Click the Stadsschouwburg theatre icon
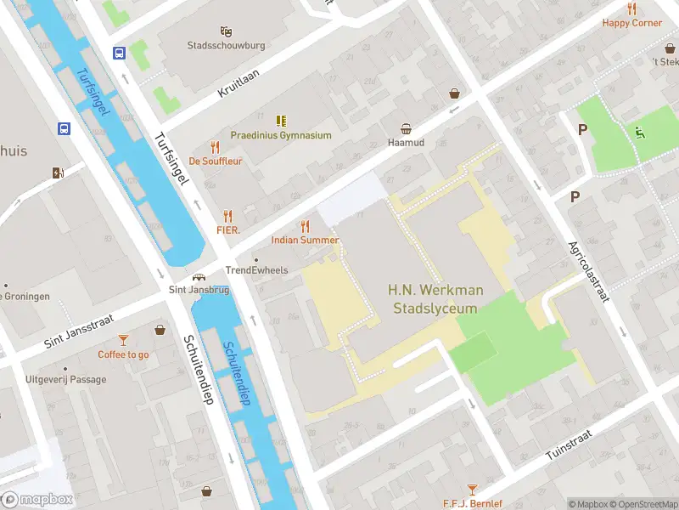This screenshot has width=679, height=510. click(x=226, y=30)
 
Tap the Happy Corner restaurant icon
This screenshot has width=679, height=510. click(x=631, y=8)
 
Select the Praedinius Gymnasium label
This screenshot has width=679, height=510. click(x=281, y=135)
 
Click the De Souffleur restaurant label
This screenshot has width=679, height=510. click(x=216, y=160)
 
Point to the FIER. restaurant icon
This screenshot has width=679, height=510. click(x=227, y=216)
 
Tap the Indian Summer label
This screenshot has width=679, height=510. click(x=305, y=240)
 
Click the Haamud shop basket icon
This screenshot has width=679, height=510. click(x=407, y=129)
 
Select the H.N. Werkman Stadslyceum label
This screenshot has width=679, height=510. click(x=435, y=299)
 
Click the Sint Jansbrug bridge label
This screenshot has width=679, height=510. click(x=199, y=290)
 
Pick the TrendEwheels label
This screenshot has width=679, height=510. click(x=256, y=270)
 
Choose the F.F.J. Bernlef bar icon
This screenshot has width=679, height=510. click(x=473, y=489)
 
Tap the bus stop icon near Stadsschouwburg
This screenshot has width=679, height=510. click(x=119, y=53)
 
